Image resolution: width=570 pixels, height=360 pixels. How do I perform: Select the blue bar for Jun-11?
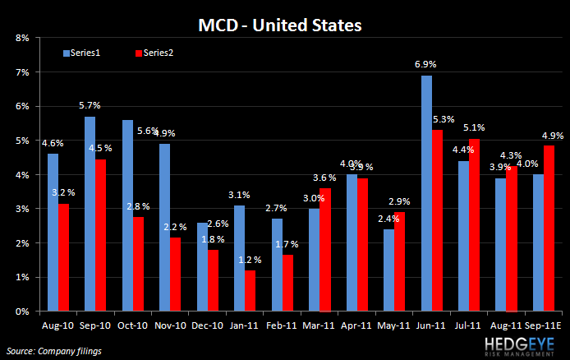pyautogui.click(x=427, y=194)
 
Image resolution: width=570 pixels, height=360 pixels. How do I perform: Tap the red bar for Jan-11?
pyautogui.click(x=250, y=291)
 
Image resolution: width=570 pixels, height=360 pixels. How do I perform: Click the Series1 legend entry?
pyautogui.click(x=81, y=53)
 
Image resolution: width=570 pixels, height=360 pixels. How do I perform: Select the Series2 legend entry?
pyautogui.click(x=153, y=53)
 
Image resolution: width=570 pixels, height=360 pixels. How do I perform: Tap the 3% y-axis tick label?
pyautogui.click(x=22, y=210)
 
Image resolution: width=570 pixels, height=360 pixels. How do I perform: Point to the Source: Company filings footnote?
pyautogui.click(x=49, y=351)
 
